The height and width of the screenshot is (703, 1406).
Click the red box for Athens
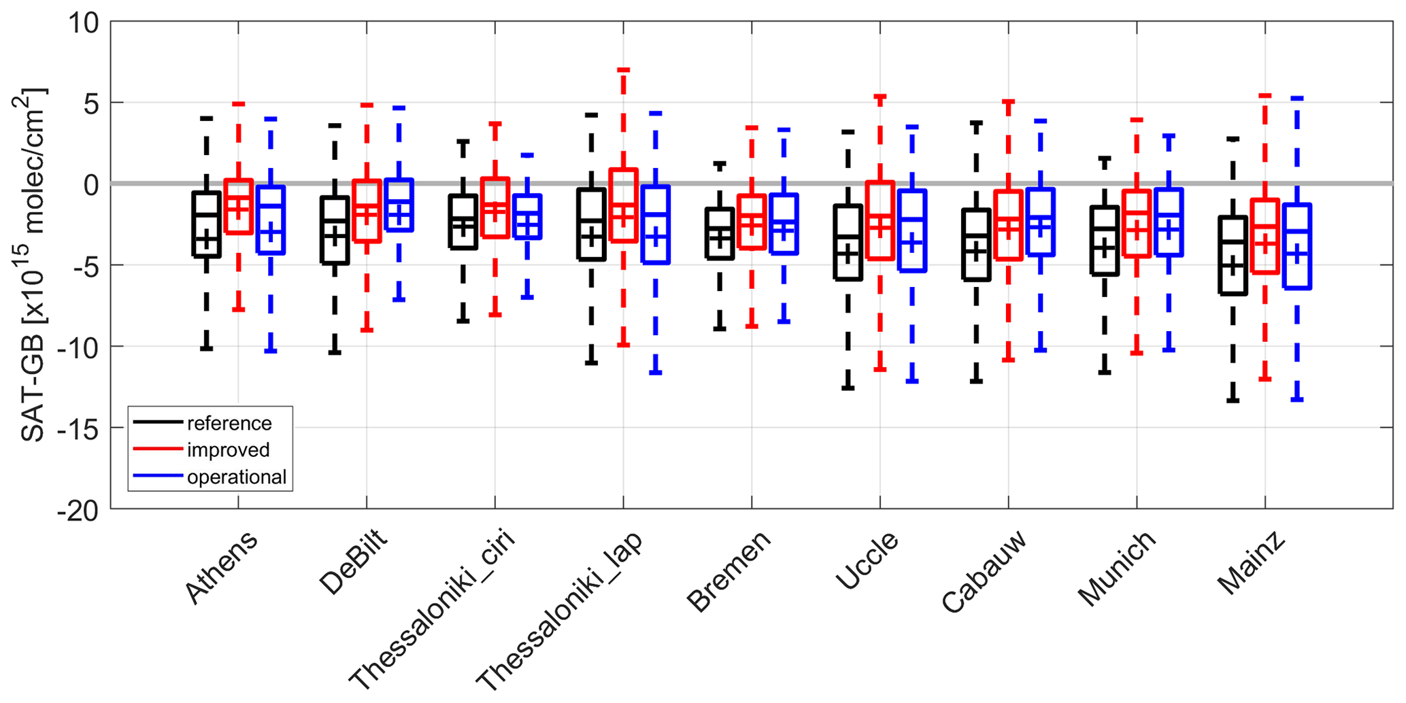coord(239,207)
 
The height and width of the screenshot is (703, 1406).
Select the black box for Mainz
coord(1233,256)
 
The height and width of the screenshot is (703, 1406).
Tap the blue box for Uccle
coord(912,231)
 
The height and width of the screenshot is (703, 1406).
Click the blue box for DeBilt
coord(399,205)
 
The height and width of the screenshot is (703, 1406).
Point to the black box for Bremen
coord(720,234)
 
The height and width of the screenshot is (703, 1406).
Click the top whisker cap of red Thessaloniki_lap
coord(623,70)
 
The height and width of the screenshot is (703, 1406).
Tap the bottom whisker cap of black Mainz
coord(1233,401)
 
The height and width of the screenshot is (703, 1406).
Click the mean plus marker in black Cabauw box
coord(976,252)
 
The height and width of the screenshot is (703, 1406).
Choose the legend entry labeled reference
coord(229,424)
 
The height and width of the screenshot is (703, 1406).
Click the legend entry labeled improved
coord(228,450)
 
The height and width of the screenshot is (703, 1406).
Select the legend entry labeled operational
coord(236,477)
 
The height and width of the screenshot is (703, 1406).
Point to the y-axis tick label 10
coord(83,23)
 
